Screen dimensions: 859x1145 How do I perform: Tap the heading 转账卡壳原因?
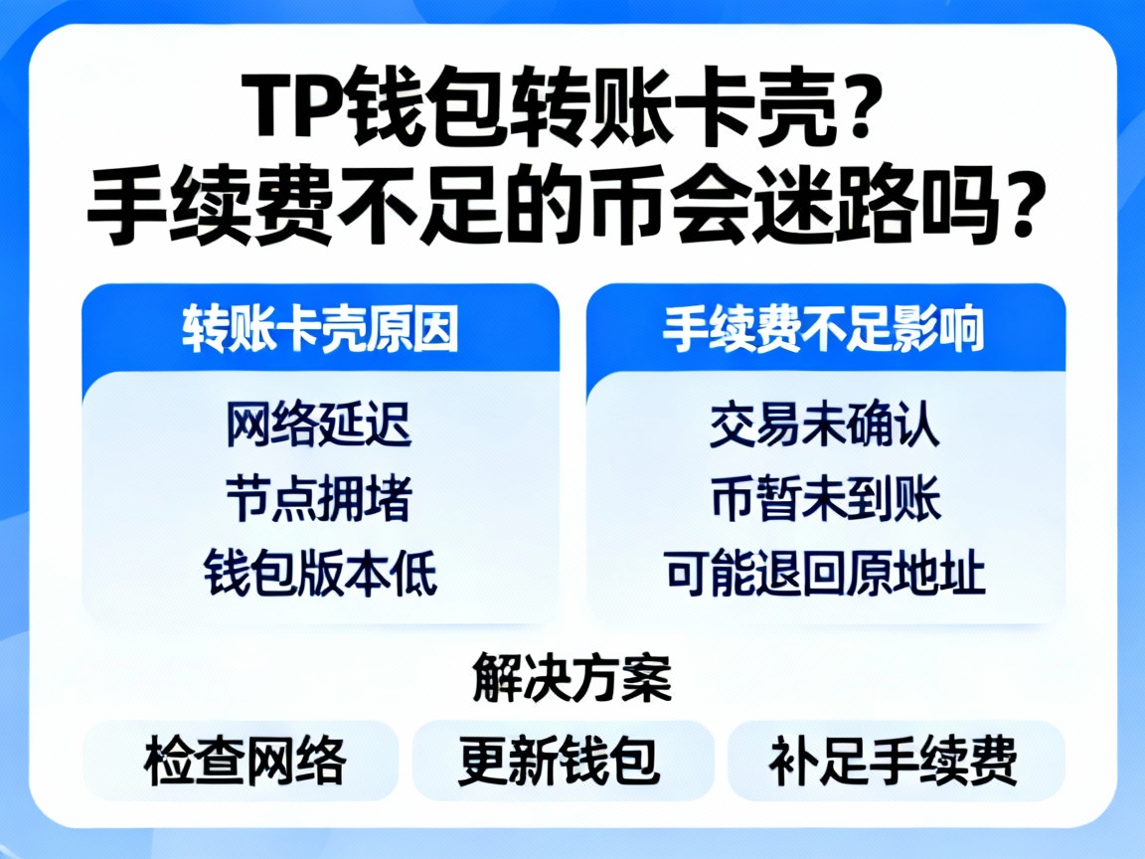[x=320, y=330]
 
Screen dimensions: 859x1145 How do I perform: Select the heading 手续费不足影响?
[x=824, y=330]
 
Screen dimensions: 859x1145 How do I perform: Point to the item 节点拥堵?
[x=319, y=500]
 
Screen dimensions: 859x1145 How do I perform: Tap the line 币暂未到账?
[x=825, y=500]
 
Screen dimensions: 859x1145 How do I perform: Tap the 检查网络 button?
[x=245, y=762]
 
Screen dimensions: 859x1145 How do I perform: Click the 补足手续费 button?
[x=893, y=762]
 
